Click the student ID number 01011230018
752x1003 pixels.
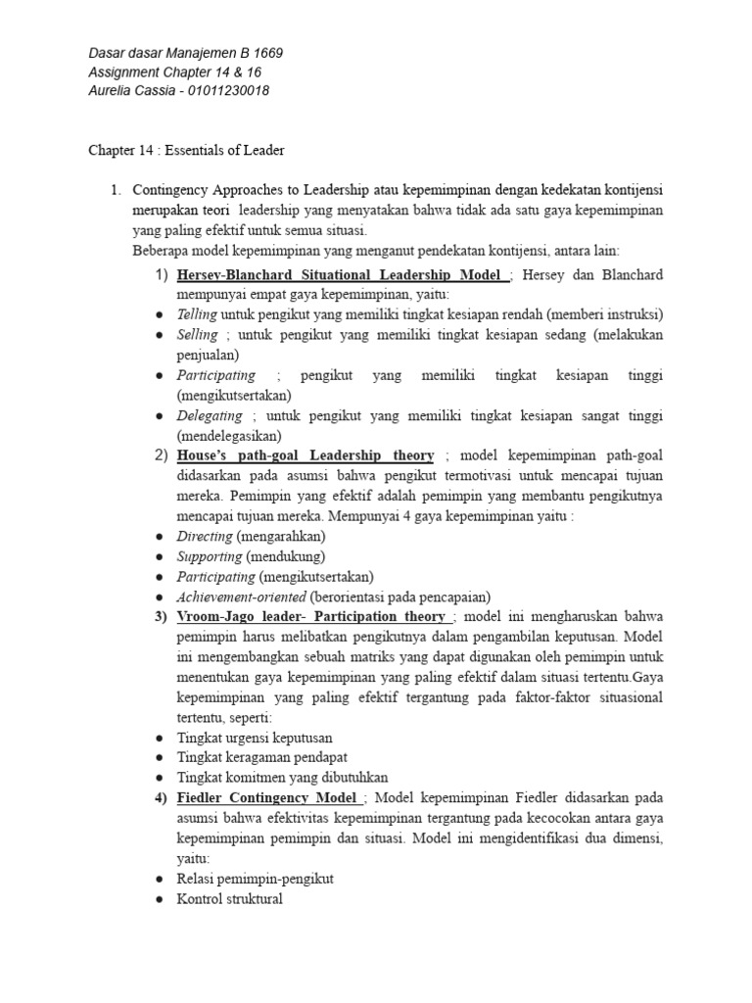(x=227, y=91)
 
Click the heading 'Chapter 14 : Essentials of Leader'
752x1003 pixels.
(x=186, y=150)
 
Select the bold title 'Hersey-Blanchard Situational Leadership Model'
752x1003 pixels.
(x=340, y=274)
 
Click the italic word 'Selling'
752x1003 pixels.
(x=198, y=335)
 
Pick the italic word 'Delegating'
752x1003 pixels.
(x=209, y=416)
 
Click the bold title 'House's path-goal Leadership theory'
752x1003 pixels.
(x=305, y=455)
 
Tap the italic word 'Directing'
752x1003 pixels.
(x=204, y=537)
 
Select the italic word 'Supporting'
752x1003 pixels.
(x=209, y=556)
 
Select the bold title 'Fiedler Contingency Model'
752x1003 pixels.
(x=269, y=797)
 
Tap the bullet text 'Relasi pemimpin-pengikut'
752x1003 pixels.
(x=255, y=879)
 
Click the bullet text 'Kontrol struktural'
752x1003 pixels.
(x=229, y=898)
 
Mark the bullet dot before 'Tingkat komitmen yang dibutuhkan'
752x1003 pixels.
(x=159, y=778)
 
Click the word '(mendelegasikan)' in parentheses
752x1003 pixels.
(x=229, y=436)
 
